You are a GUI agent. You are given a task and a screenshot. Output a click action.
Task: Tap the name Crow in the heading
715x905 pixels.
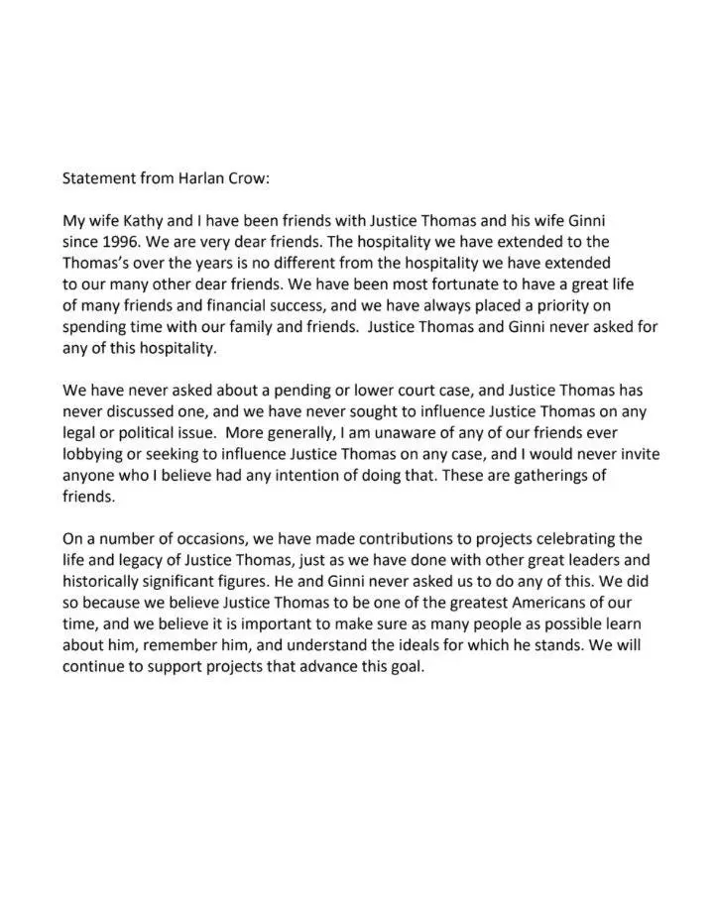[247, 180]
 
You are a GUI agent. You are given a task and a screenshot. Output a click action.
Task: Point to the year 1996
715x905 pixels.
[118, 241]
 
